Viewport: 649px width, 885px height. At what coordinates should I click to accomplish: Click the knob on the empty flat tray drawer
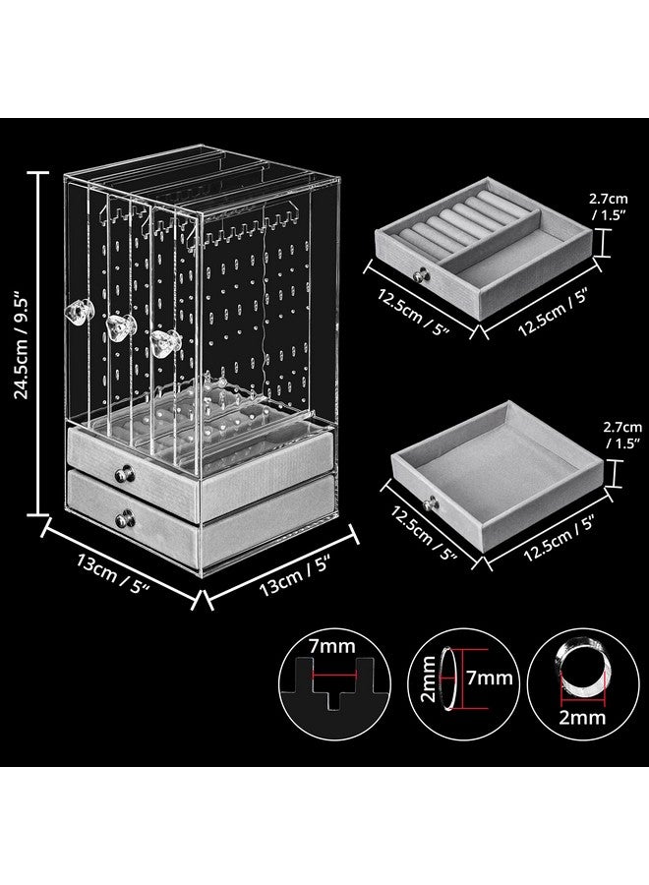pos(430,505)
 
